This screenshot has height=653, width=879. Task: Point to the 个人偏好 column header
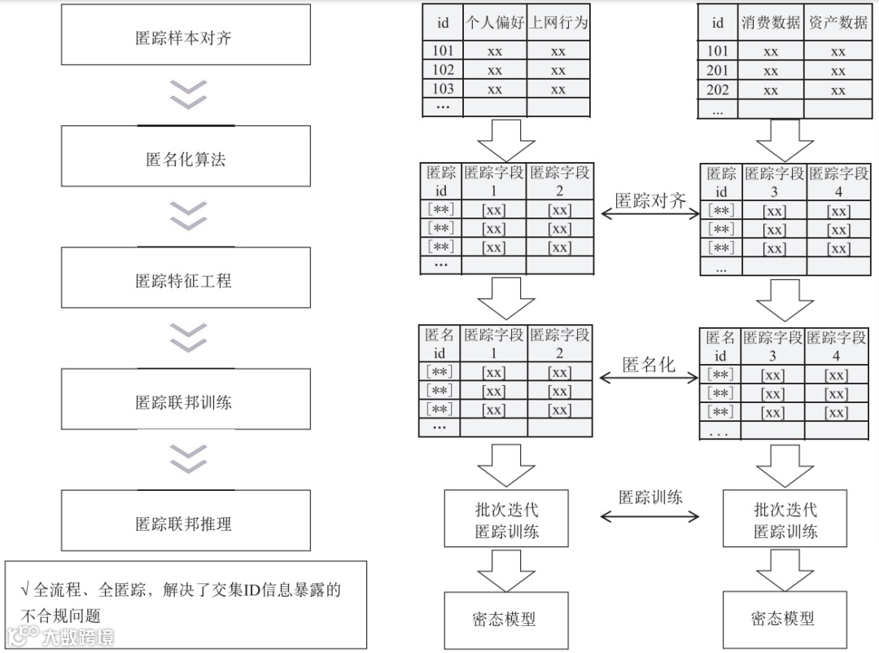[494, 23]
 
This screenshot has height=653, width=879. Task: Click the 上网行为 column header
[558, 23]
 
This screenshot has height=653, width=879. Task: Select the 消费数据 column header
[771, 23]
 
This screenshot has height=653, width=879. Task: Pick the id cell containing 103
[443, 89]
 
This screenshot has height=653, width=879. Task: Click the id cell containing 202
[718, 90]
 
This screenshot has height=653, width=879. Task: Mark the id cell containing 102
[443, 70]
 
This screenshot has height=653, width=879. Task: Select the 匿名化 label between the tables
[649, 365]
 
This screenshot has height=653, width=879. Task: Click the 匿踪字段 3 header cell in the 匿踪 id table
[773, 182]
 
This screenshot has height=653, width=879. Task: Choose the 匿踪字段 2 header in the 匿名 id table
[559, 344]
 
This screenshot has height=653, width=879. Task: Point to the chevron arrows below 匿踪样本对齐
[187, 94]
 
